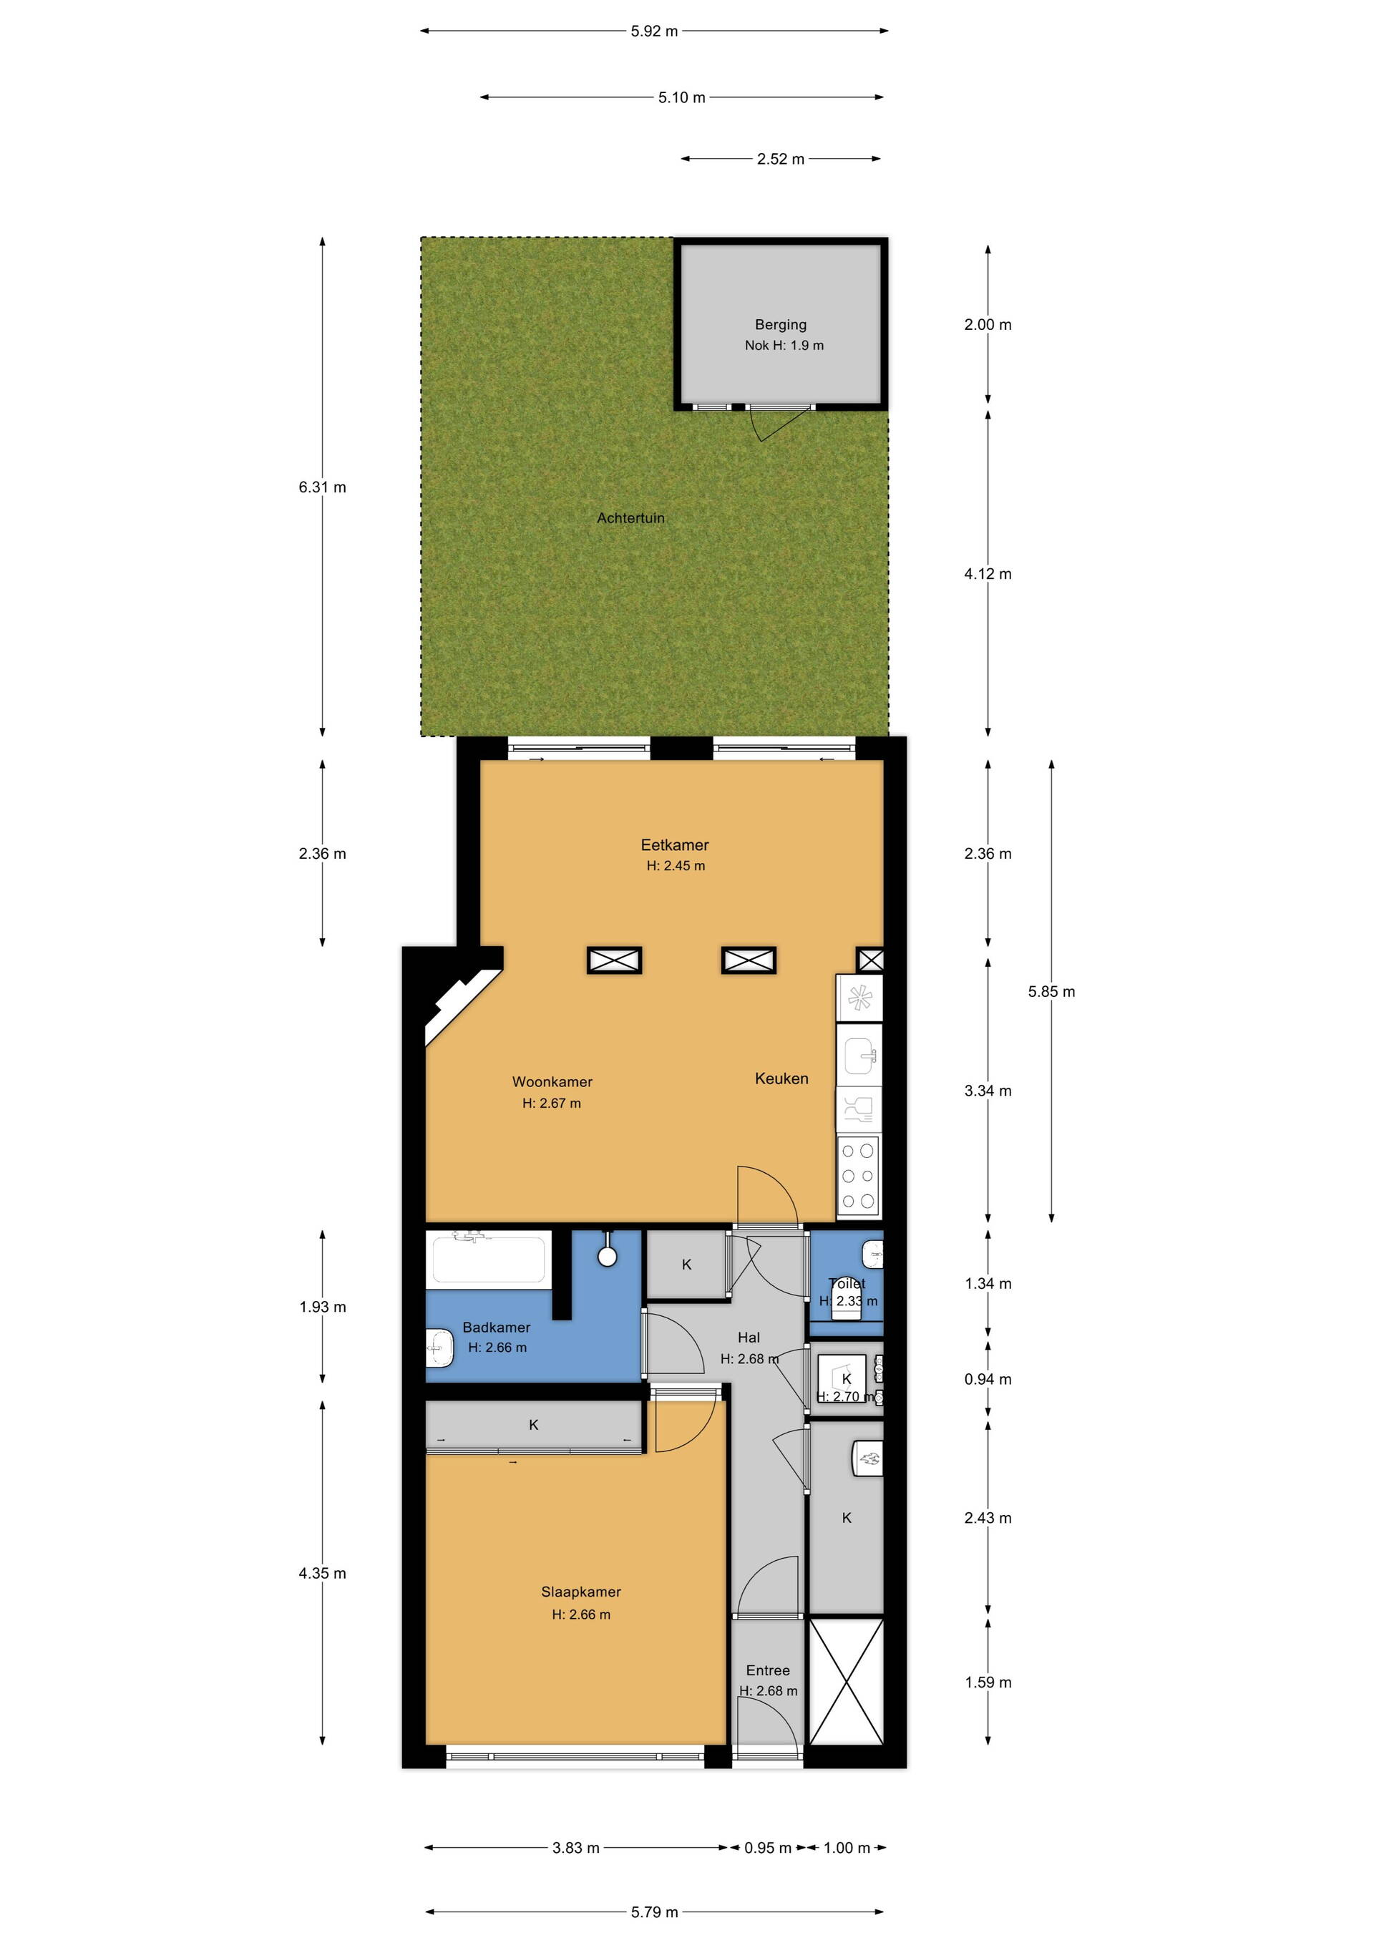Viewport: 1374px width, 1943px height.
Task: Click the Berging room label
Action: click(x=780, y=324)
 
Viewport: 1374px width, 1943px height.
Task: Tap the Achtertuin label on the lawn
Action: click(x=630, y=518)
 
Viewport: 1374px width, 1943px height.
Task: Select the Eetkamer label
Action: click(x=674, y=844)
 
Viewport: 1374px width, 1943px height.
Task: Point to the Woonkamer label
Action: click(x=552, y=1081)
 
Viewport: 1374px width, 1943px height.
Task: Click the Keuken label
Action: click(x=781, y=1078)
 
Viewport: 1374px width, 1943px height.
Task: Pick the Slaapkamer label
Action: click(x=580, y=1592)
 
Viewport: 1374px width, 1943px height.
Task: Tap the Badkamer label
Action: click(x=496, y=1327)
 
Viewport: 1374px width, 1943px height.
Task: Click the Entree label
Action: click(x=767, y=1670)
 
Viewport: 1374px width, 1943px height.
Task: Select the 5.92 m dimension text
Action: click(x=654, y=31)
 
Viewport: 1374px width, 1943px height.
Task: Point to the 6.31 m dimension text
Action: click(x=322, y=487)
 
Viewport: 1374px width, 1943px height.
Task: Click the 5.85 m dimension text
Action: click(x=1052, y=992)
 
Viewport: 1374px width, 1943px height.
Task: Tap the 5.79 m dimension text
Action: click(x=654, y=1912)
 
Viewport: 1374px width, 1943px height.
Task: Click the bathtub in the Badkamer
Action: click(x=488, y=1260)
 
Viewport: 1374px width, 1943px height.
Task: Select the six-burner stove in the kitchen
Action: click(x=859, y=1177)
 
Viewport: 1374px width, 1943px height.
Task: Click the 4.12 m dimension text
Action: click(x=988, y=574)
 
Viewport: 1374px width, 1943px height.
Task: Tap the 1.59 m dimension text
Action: click(x=988, y=1683)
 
